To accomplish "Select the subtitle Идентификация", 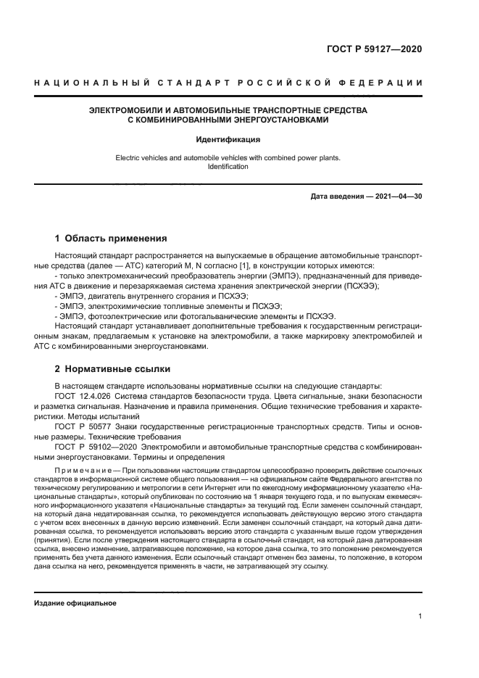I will [x=228, y=139].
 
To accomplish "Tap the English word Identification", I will [x=228, y=167].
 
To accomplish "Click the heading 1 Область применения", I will [x=112, y=238].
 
